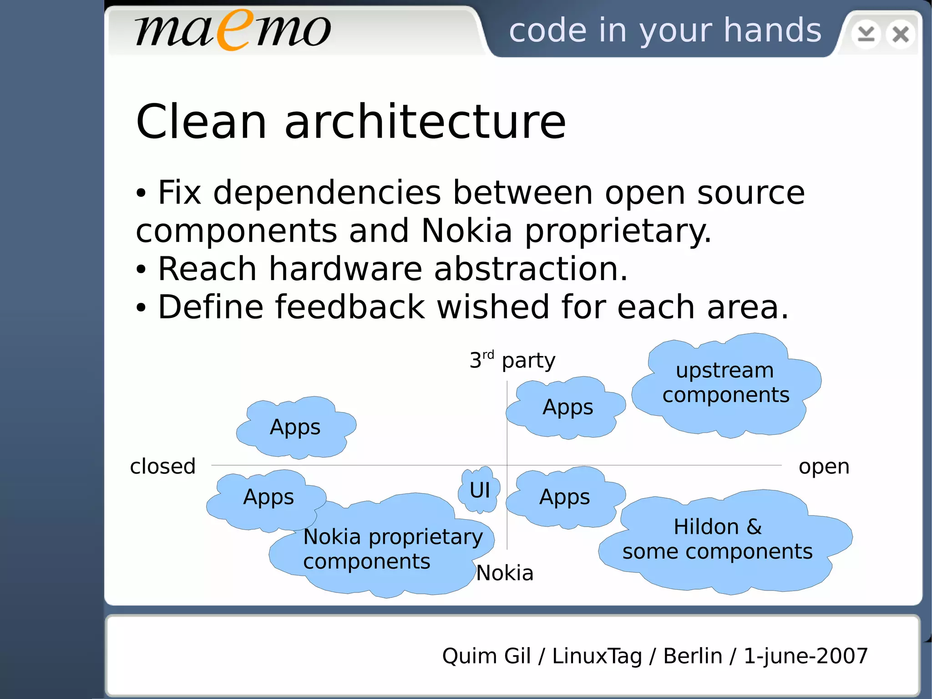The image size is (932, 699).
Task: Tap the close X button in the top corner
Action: point(900,34)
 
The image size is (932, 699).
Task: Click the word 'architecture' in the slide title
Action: point(425,122)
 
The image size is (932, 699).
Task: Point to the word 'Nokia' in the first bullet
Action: point(466,230)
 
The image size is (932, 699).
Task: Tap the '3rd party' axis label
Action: point(512,361)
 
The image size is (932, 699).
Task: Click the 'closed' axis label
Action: point(162,466)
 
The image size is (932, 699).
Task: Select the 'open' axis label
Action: point(824,466)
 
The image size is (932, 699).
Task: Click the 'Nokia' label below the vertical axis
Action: point(504,573)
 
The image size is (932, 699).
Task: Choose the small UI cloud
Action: point(480,490)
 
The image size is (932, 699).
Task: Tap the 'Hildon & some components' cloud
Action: point(718,540)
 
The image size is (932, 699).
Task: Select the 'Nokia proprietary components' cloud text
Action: point(392,549)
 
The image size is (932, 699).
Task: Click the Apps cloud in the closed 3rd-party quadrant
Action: point(295,427)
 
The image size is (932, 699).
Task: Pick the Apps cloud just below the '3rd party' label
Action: point(567,407)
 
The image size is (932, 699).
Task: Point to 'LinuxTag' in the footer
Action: point(597,656)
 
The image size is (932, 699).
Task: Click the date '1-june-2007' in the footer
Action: point(805,656)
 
